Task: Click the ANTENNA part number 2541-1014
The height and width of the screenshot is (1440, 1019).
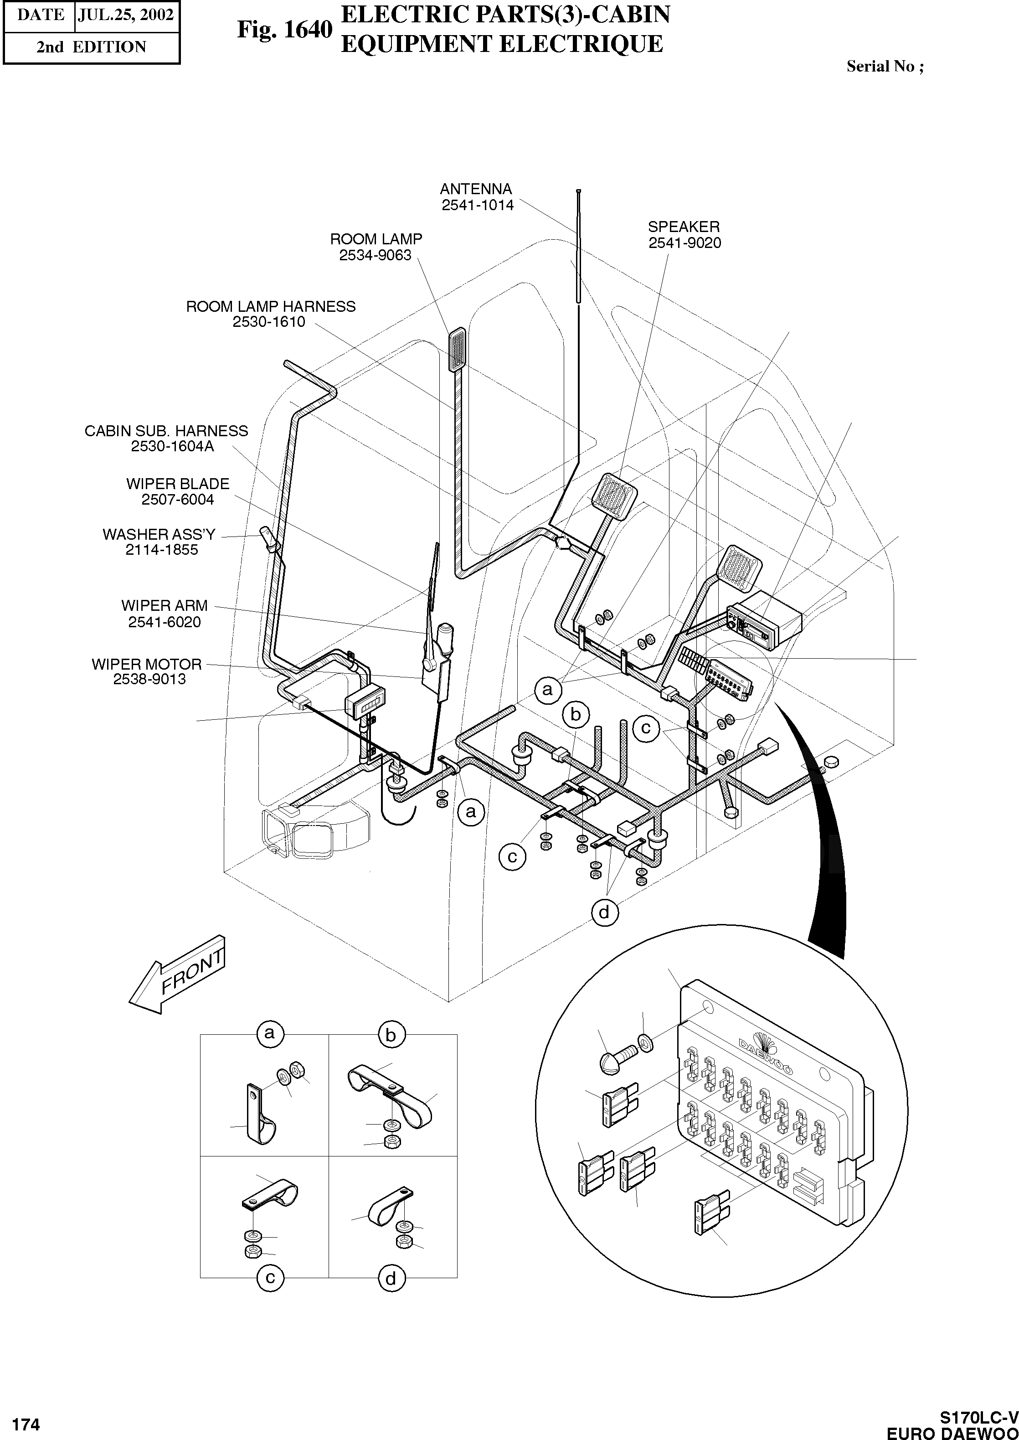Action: [x=478, y=205]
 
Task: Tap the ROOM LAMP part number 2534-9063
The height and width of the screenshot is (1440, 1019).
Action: [x=375, y=255]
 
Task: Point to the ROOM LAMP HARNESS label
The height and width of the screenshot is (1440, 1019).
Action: [x=270, y=306]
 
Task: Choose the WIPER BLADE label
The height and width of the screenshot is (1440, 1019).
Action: [x=178, y=484]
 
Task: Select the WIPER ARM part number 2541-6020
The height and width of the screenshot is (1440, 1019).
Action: [x=165, y=622]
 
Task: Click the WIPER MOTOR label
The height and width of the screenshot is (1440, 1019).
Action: [x=147, y=664]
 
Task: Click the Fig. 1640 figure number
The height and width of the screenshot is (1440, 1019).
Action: [x=284, y=30]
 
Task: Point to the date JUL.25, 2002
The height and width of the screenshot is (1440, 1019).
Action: [x=125, y=15]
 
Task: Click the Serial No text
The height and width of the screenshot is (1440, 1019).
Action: [x=884, y=67]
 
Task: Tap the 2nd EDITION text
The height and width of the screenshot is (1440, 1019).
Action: [x=91, y=47]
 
